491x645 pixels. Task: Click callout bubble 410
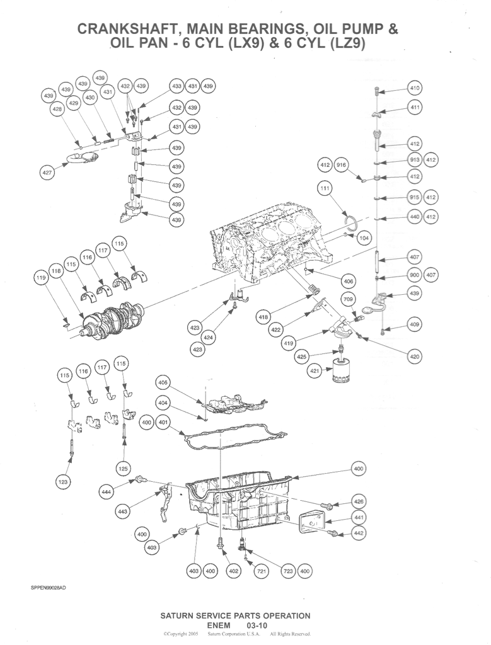pos(414,88)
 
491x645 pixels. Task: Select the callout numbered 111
pos(325,188)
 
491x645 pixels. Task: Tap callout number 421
pos(315,372)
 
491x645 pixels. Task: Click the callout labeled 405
pos(163,382)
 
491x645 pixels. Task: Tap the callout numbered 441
pos(359,518)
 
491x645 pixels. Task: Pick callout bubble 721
pos(261,571)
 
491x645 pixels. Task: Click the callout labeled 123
pos(62,482)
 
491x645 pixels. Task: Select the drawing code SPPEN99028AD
pos(48,588)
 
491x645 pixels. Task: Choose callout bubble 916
pos(342,165)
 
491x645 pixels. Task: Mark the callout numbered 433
pos(176,86)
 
